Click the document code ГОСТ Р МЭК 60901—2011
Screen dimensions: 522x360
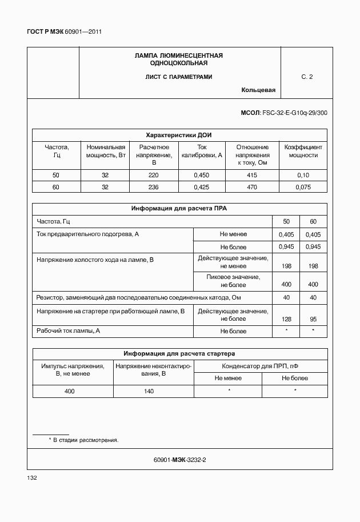point(64,32)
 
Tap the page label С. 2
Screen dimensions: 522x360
point(307,77)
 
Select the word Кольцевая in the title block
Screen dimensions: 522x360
point(258,90)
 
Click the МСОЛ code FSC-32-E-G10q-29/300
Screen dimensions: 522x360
point(284,113)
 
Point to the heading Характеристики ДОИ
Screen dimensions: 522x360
point(179,135)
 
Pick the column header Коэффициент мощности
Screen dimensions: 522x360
point(303,151)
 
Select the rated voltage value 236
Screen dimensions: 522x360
point(153,187)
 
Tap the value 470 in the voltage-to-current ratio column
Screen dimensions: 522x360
point(252,187)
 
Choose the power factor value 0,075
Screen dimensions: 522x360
point(303,187)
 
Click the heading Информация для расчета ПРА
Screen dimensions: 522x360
point(179,209)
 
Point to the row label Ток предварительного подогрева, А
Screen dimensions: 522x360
point(88,234)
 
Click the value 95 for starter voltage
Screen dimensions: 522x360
point(313,318)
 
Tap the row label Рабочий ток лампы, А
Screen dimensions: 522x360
point(69,330)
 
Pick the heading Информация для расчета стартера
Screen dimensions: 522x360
point(179,353)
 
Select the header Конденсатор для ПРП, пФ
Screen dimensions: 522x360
point(261,366)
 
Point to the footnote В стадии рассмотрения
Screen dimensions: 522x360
point(85,440)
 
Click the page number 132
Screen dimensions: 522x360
point(32,477)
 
